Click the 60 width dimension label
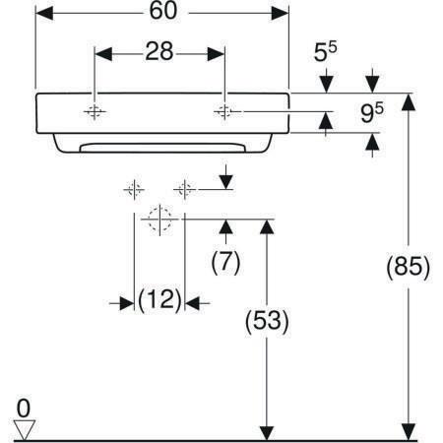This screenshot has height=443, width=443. [x=163, y=11]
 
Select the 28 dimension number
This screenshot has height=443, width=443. [x=159, y=51]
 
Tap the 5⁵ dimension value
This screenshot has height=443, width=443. [x=325, y=51]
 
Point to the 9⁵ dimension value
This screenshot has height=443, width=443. [x=372, y=112]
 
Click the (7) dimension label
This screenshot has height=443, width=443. [x=225, y=263]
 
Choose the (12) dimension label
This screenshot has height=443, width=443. [x=159, y=300]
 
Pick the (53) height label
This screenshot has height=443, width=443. [x=267, y=321]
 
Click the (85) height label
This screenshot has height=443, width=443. [x=408, y=266]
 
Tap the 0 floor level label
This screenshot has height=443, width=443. [x=24, y=409]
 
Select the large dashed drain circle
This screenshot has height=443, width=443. [x=159, y=219]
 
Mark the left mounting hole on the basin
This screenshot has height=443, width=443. [x=95, y=112]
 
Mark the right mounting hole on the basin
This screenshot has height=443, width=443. [x=224, y=112]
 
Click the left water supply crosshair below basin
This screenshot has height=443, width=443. [x=134, y=189]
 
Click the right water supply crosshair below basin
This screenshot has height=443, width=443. [x=185, y=189]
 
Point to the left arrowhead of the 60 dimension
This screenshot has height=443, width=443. [x=44, y=13]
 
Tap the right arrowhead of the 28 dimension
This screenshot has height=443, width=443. [x=216, y=54]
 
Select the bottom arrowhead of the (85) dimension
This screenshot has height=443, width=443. [x=409, y=432]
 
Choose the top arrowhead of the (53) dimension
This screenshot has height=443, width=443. [x=267, y=227]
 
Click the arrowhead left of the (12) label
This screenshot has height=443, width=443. [x=126, y=303]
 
